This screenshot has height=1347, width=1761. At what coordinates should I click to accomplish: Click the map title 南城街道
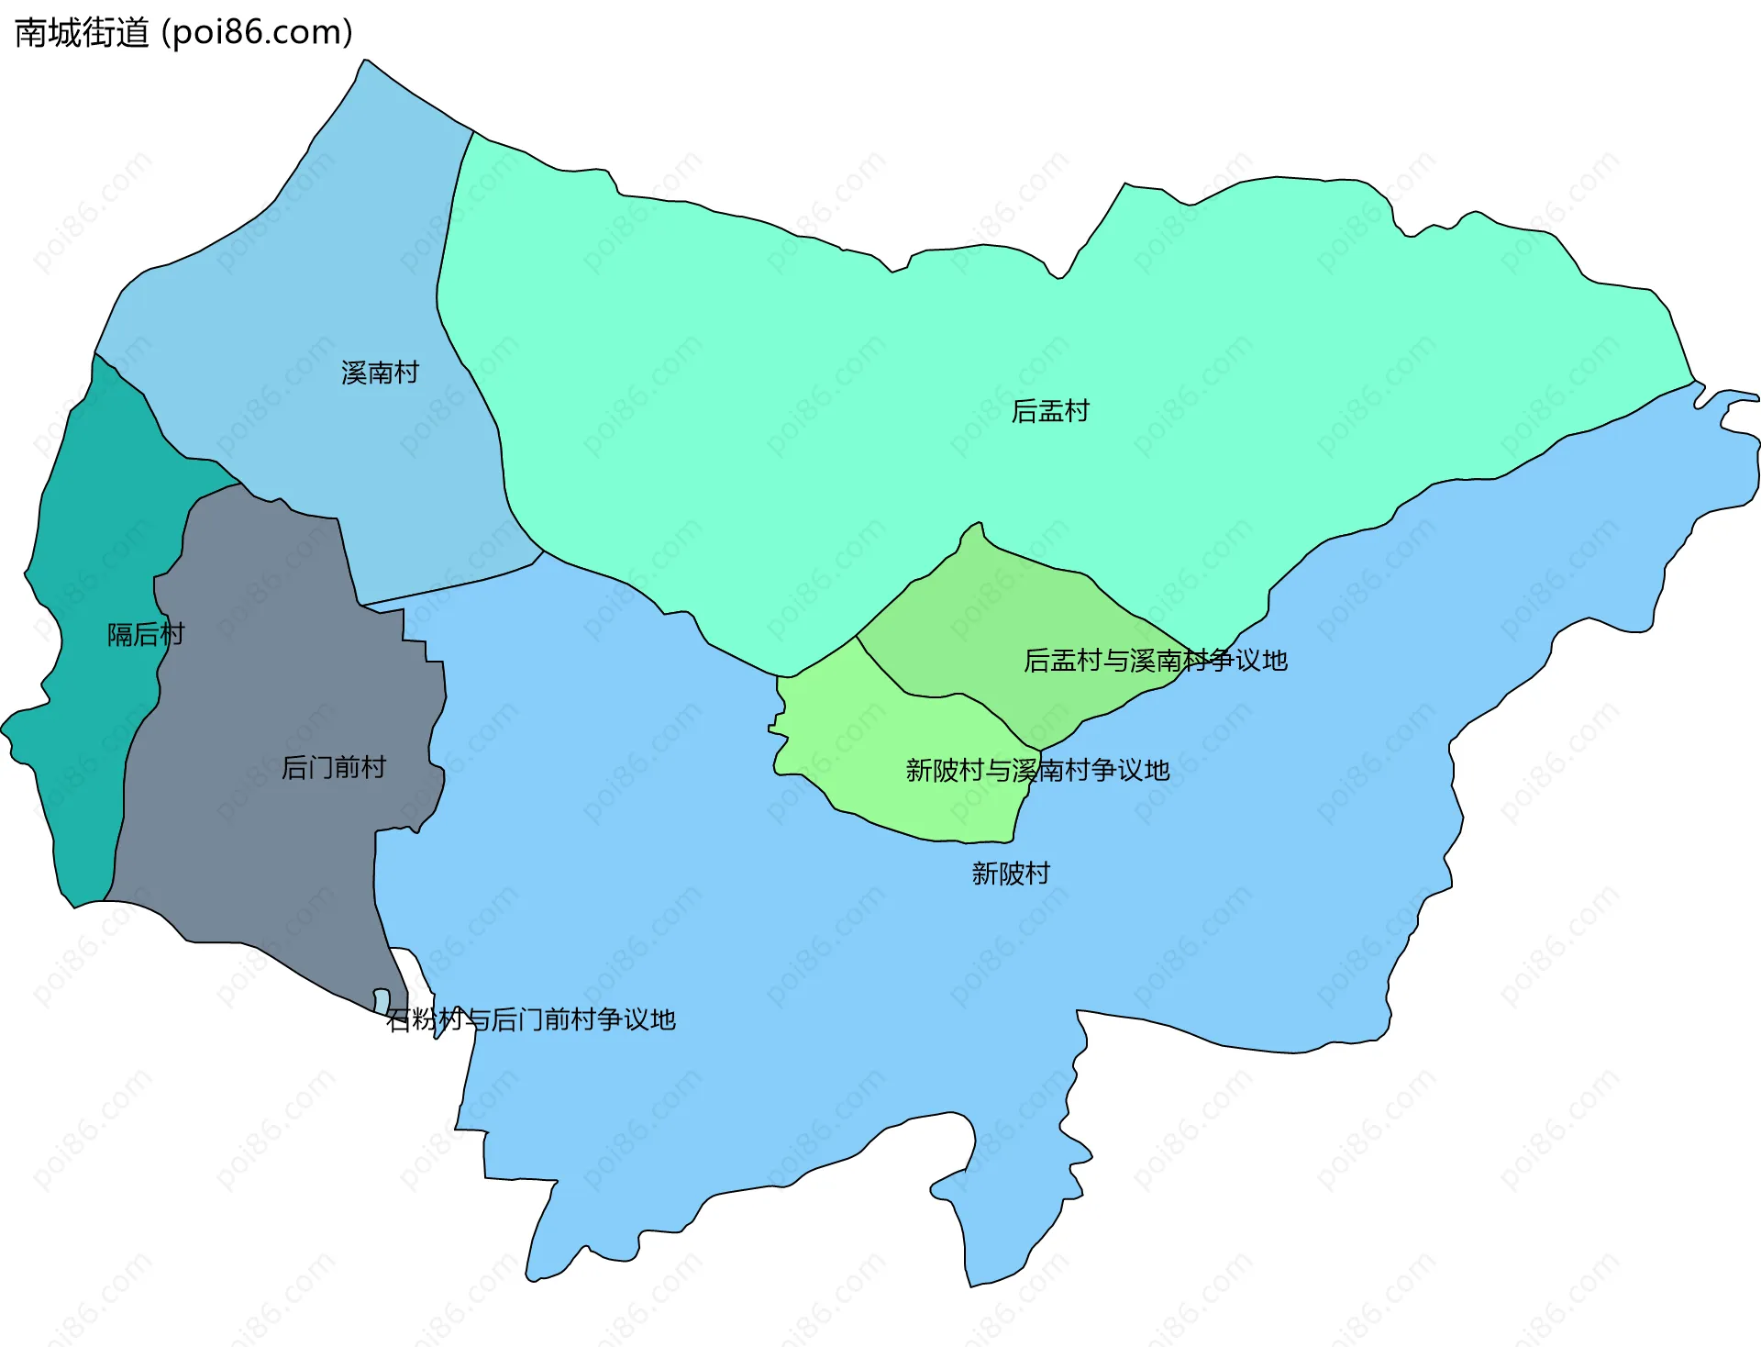click(82, 33)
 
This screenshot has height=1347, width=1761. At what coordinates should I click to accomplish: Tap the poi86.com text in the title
click(258, 33)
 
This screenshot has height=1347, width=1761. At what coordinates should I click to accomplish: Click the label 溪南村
click(380, 373)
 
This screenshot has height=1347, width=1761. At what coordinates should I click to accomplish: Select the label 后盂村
click(1050, 411)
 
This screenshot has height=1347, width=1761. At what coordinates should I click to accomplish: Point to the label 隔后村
click(146, 634)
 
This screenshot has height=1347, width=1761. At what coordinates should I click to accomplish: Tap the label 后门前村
click(333, 767)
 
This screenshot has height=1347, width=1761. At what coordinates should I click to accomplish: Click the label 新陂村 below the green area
click(1011, 874)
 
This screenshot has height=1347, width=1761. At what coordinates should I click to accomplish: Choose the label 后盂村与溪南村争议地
click(1156, 661)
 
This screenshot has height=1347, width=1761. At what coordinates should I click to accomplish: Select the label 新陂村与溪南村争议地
click(1037, 771)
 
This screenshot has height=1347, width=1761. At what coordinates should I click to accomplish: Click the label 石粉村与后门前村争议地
click(531, 1019)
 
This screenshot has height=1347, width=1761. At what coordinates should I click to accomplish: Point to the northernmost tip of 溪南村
click(366, 61)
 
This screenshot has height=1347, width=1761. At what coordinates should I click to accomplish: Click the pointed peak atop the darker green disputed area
click(980, 524)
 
